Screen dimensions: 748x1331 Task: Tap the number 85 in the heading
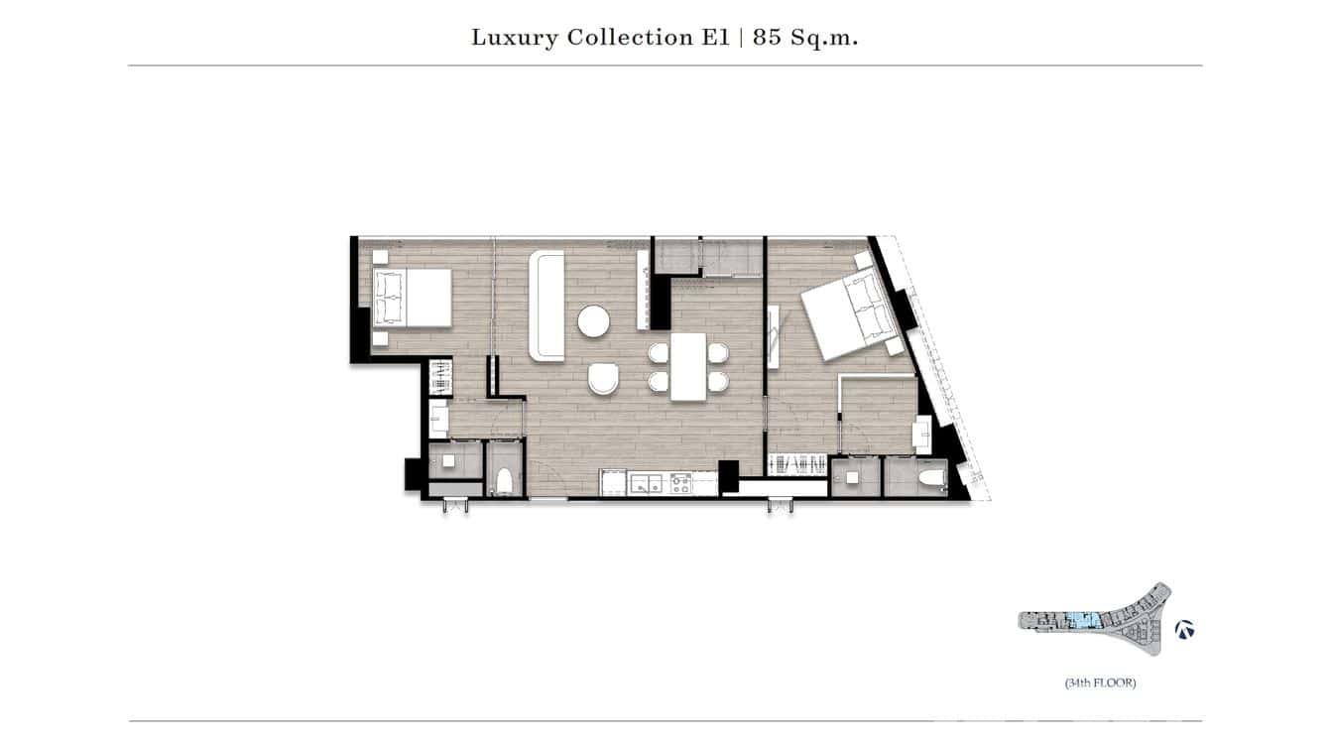coord(766,38)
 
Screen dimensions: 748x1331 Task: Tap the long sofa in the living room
coord(546,306)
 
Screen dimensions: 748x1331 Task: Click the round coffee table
coord(595,321)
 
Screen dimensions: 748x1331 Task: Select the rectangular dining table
coord(688,366)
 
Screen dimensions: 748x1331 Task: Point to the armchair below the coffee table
coord(603,378)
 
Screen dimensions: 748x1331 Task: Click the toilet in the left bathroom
coord(504,481)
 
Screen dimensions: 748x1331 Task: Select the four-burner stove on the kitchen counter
coord(681,484)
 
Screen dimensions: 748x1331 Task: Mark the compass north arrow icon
coord(1184,629)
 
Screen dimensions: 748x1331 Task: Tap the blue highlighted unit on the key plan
coord(1081,621)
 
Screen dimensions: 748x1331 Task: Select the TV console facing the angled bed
coord(777,337)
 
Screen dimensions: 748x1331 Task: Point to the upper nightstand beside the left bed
coord(379,256)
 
